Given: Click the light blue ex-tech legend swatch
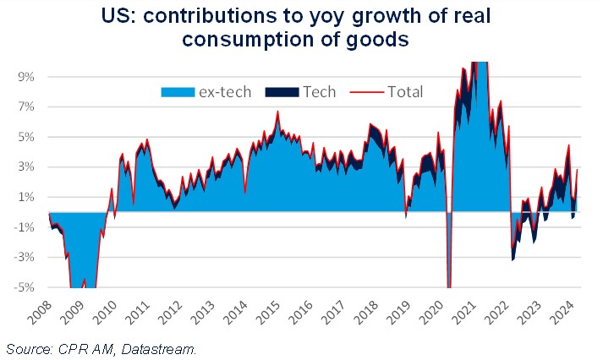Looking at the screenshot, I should pyautogui.click(x=177, y=92).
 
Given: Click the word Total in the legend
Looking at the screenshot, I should pyautogui.click(x=405, y=92).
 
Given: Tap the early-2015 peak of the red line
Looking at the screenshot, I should pyautogui.click(x=277, y=112).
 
